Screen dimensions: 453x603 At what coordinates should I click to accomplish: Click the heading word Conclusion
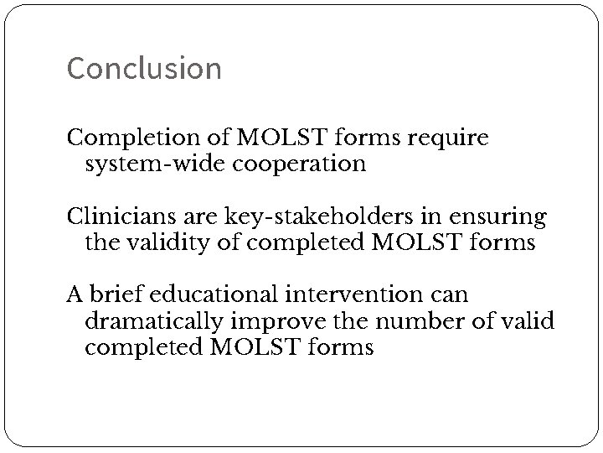point(144,68)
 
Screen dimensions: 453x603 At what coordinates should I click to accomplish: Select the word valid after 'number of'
point(528,321)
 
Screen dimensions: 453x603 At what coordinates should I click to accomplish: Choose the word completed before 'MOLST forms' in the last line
point(142,346)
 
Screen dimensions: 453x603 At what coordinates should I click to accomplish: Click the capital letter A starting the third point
point(75,296)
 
